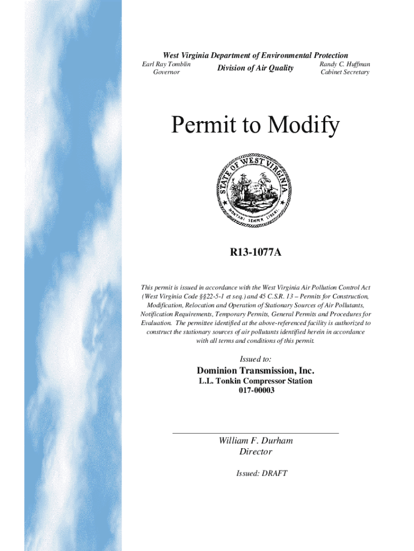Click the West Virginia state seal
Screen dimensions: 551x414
[x=255, y=192]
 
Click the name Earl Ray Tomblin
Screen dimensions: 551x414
[x=166, y=64]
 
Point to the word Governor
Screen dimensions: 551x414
[x=166, y=72]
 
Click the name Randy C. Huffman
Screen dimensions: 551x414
[x=345, y=64]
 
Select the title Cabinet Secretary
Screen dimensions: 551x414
[x=345, y=72]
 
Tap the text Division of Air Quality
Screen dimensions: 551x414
[x=255, y=68]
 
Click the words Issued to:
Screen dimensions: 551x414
[x=255, y=358]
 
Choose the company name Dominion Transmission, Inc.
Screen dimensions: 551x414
[x=255, y=371]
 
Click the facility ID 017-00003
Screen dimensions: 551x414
[x=255, y=391]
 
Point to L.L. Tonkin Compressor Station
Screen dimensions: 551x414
[x=255, y=381]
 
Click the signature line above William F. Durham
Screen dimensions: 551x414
[x=255, y=432]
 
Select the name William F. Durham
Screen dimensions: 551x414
[x=255, y=441]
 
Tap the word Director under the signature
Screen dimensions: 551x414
[x=255, y=452]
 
